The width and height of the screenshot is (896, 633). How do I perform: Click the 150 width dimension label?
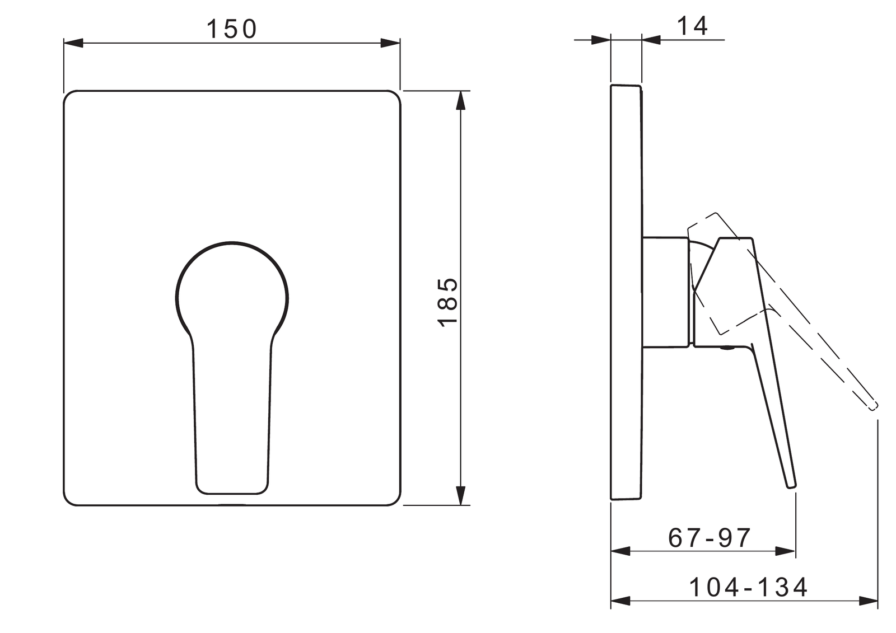pos(232,29)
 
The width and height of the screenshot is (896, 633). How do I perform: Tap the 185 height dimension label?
pos(448,302)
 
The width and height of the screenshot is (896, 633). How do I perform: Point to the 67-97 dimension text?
pos(710,538)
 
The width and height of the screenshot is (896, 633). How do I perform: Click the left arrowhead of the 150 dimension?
pos(73,43)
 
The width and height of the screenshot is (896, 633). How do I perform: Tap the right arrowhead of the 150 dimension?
pos(390,43)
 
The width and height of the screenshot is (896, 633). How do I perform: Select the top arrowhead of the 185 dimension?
pos(461,100)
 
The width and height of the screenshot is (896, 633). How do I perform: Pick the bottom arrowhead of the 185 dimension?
pos(461,495)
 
